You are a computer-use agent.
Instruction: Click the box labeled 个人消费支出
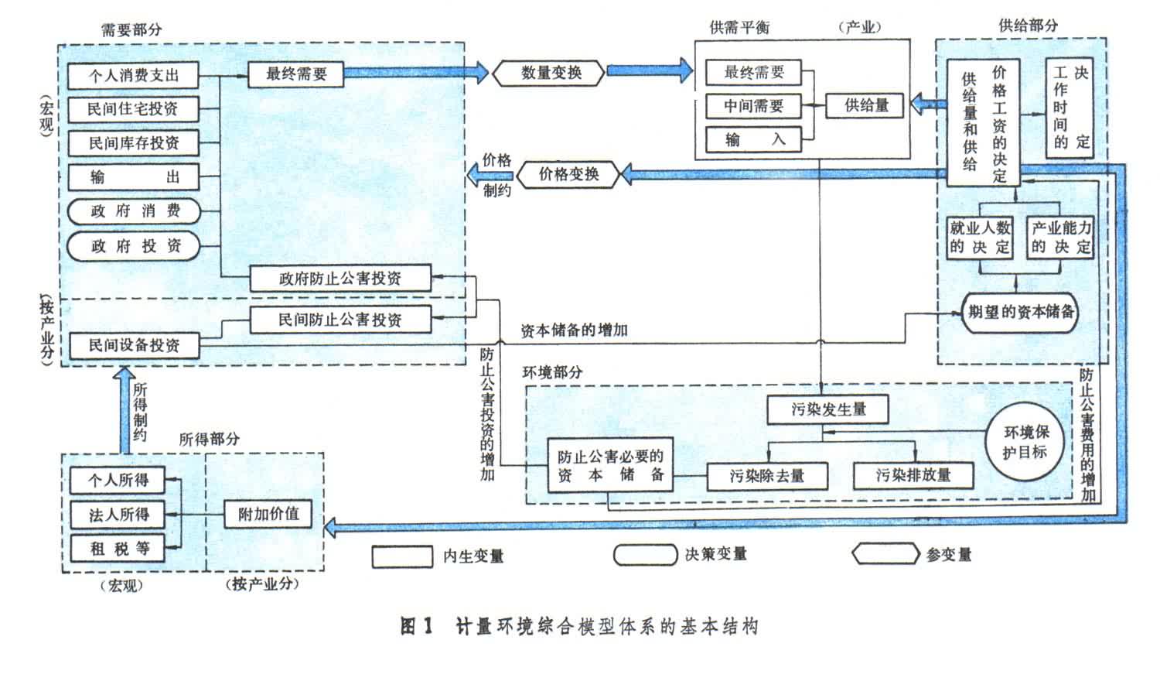(133, 76)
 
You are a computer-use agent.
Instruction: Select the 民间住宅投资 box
(133, 109)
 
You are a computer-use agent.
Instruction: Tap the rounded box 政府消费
(133, 211)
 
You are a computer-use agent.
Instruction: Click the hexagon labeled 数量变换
(551, 73)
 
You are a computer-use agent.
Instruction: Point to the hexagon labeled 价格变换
(568, 174)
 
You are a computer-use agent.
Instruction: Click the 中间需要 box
(753, 106)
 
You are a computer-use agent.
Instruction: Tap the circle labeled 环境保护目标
(1025, 443)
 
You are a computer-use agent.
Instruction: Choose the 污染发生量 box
(827, 409)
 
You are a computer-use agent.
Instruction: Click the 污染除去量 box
(766, 476)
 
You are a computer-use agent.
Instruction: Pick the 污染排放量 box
(913, 475)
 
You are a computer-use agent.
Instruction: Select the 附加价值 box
(268, 514)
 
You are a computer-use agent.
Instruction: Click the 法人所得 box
(118, 514)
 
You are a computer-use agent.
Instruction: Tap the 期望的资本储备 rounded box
(1020, 312)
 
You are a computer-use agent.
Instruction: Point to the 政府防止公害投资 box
(340, 279)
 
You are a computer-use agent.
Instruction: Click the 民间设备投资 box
(134, 345)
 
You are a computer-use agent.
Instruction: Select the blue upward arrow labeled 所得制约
(122, 410)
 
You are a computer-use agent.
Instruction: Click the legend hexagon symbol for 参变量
(885, 555)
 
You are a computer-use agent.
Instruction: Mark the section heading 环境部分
(552, 372)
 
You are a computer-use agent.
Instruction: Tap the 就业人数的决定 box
(980, 238)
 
